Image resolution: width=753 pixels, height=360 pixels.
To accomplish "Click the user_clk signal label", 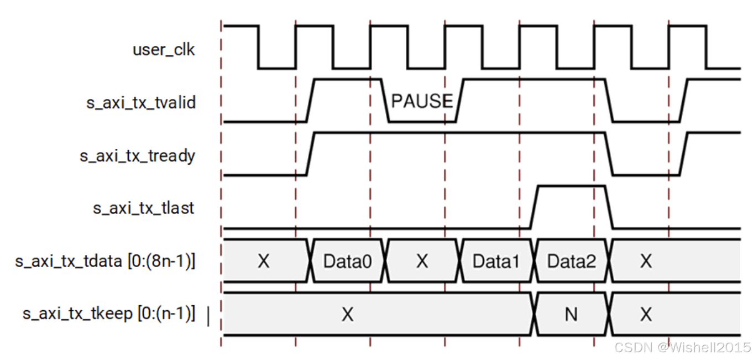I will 164,50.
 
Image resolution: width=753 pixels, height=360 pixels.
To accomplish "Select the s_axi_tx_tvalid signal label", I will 141,103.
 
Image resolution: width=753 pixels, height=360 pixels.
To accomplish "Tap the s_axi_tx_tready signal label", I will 137,156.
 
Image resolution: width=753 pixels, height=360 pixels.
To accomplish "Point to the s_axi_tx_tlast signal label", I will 144,208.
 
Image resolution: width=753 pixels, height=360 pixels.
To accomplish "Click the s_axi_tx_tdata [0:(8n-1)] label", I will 105,261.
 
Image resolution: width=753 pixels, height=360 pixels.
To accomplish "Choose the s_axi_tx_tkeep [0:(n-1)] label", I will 109,314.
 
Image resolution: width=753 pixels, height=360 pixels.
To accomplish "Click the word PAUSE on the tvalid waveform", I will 422,101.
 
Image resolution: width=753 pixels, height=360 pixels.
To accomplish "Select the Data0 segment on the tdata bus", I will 348,261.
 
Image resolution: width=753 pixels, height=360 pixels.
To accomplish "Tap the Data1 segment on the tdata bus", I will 496,261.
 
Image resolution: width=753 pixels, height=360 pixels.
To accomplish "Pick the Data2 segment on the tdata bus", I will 572,261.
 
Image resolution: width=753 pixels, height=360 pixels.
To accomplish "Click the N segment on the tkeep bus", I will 571,315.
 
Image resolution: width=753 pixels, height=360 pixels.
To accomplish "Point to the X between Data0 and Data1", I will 422,261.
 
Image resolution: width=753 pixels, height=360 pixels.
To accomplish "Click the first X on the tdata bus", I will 264,261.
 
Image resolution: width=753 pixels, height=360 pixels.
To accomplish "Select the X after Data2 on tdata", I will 646,261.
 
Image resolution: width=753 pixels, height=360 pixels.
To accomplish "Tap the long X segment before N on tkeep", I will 347,315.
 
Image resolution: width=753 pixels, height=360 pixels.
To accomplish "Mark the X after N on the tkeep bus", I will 646,315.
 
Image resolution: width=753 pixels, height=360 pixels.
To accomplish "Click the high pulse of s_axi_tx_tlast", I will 571,187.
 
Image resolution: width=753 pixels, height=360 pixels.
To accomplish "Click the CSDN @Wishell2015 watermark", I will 682,347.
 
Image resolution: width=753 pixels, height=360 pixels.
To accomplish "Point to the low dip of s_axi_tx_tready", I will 647,175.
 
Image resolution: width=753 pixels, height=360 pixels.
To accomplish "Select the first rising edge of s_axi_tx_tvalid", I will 310,100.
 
